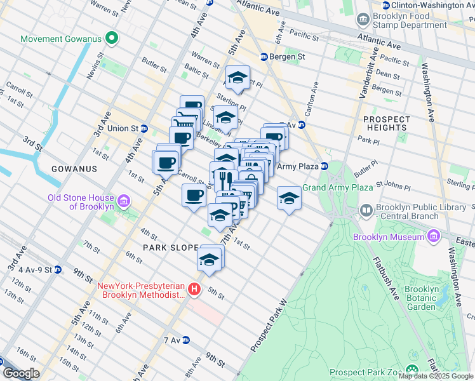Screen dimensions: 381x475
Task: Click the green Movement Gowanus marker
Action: (112, 39)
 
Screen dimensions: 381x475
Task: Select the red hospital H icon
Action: (195, 290)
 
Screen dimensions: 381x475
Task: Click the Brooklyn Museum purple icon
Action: (433, 236)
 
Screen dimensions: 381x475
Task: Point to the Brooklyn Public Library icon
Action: (366, 210)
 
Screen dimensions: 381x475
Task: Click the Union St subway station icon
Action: (144, 128)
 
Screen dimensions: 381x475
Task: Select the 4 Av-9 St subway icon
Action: (58, 269)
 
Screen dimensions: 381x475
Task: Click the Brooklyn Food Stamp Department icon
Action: (363, 20)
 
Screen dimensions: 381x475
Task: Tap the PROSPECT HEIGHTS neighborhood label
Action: (385, 123)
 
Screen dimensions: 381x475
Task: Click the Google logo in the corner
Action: (21, 373)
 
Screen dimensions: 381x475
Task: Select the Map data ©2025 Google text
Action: (436, 376)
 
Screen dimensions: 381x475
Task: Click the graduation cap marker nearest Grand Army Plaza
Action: (289, 199)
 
